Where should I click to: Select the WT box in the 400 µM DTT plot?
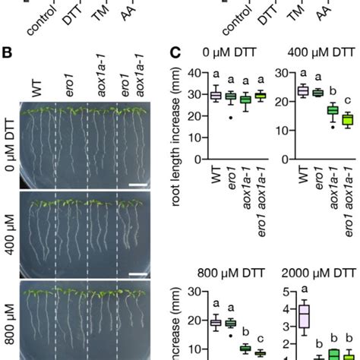[303, 91]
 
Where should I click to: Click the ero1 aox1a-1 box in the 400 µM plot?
[347, 120]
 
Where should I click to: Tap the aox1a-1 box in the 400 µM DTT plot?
[333, 112]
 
